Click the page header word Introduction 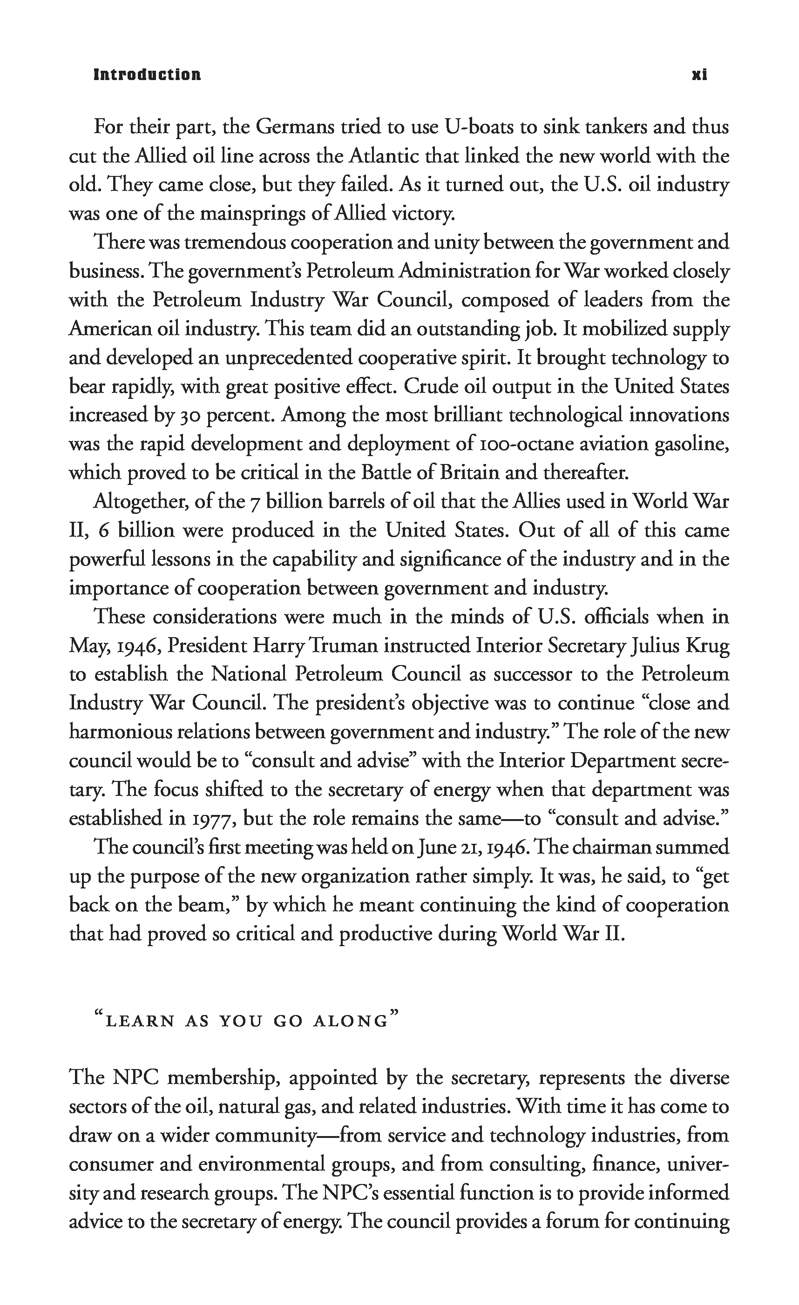147,74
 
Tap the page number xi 699,74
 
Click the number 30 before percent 187,415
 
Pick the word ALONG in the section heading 351,1021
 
